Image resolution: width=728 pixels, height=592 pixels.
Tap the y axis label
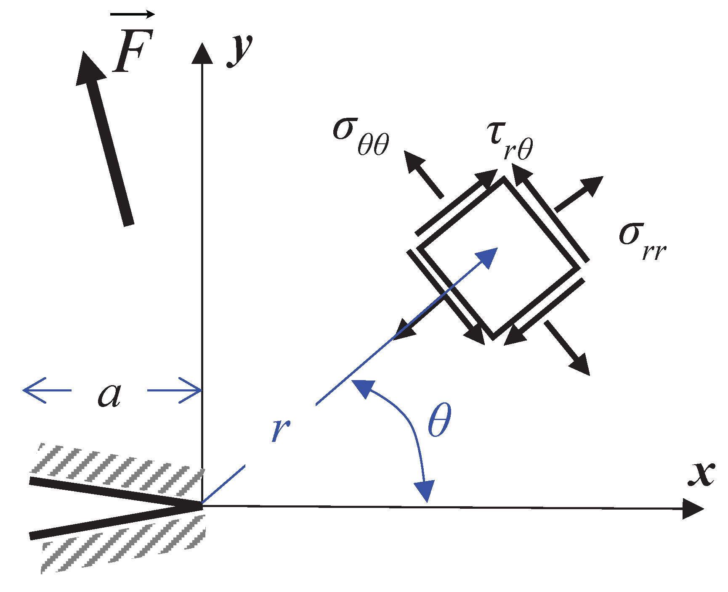240,50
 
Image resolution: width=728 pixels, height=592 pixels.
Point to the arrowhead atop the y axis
202,53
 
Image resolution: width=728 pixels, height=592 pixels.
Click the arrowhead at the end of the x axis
692,509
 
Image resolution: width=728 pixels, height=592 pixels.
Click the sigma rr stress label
642,240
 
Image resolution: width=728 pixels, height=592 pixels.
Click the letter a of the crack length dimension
109,395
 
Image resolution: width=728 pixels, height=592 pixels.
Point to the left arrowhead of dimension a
34,390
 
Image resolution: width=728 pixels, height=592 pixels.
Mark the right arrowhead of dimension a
191,391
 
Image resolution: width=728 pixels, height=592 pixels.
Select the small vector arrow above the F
132,15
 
